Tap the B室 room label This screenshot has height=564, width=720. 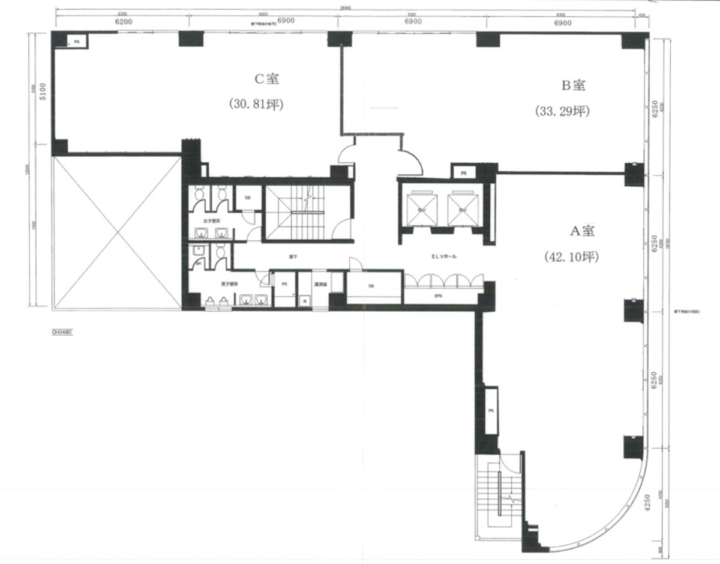coord(572,85)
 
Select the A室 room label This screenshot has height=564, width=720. coord(581,230)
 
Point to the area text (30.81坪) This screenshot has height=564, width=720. coord(256,104)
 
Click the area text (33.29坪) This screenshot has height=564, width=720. coord(562,111)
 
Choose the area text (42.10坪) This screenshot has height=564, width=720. coord(571,257)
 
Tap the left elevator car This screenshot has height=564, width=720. coord(422,210)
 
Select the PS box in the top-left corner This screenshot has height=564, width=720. coord(77,41)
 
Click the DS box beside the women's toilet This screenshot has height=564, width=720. coord(247,198)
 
